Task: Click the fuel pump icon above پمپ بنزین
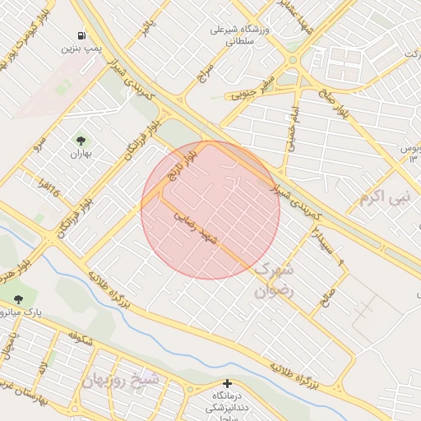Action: tap(81, 35)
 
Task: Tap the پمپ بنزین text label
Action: tap(81, 49)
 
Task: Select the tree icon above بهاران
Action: tap(80, 140)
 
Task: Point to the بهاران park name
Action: tap(80, 153)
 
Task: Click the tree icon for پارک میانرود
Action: tap(18, 300)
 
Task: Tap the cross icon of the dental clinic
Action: tap(228, 383)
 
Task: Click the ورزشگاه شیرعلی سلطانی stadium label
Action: tap(241, 35)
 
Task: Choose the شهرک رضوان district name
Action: tap(274, 280)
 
